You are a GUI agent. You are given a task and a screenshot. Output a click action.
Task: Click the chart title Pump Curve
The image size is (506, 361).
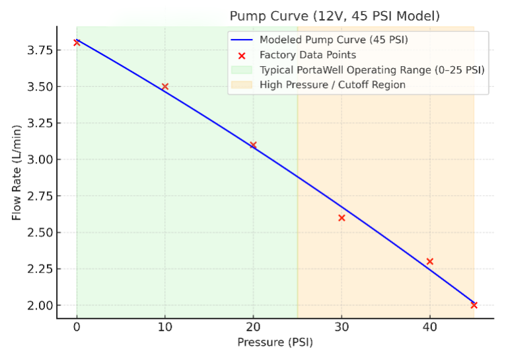pos(334,15)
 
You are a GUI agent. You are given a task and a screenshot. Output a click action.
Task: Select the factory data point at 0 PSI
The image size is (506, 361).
pos(77,42)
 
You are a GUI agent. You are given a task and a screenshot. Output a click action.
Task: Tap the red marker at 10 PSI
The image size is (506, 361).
pos(165,87)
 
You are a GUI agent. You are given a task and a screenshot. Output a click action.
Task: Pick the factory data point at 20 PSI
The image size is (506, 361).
pos(253,145)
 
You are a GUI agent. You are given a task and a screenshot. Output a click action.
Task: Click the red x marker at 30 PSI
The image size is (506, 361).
pos(342,218)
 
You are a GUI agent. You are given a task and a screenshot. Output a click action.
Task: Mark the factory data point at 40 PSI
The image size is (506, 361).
pos(429,261)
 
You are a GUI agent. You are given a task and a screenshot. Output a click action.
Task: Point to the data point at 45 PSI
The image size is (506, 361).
pos(474,305)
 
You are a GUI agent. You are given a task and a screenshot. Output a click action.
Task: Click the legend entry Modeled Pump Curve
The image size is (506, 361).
pos(334,40)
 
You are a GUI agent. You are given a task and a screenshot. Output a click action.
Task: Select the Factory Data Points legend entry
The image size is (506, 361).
pos(308,55)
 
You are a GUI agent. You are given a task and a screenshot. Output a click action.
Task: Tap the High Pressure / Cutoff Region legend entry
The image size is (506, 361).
pos(332,85)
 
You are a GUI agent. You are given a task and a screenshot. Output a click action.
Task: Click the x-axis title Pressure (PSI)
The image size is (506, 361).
pos(275,342)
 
